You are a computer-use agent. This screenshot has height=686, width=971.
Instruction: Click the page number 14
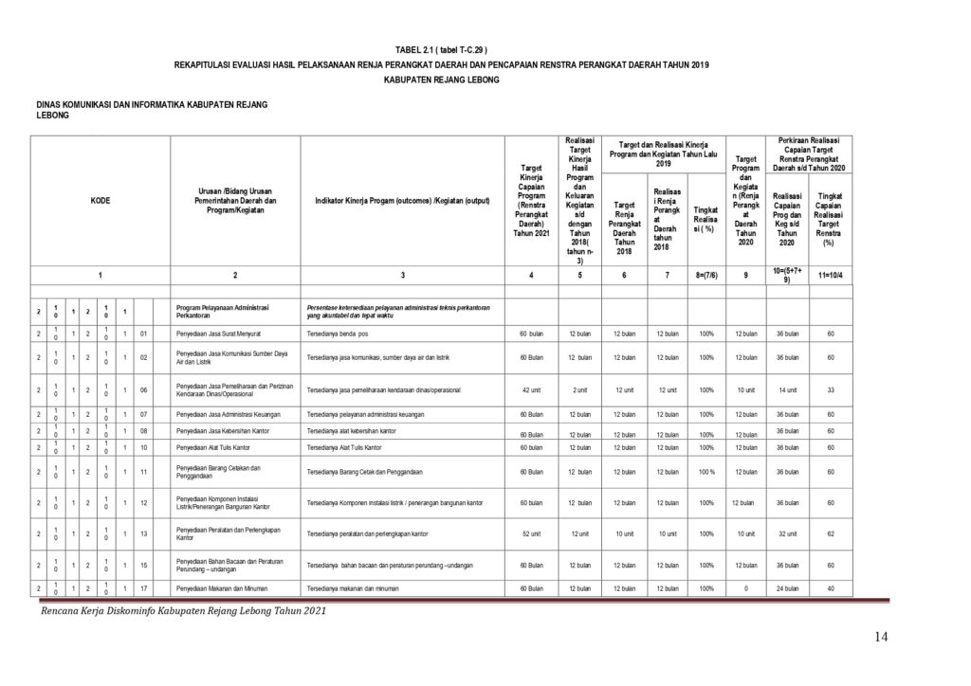click(x=881, y=637)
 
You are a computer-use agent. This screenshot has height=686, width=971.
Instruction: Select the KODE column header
click(x=100, y=201)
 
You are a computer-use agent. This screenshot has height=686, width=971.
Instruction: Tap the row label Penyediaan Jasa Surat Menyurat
click(x=219, y=334)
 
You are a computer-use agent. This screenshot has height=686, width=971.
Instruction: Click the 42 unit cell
click(x=530, y=389)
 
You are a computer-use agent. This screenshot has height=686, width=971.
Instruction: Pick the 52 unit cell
click(x=530, y=533)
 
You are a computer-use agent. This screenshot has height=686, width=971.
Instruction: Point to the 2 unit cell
click(x=579, y=389)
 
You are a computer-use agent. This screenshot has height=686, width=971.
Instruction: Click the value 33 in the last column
click(x=830, y=389)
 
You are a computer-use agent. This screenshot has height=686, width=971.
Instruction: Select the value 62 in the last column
click(x=830, y=533)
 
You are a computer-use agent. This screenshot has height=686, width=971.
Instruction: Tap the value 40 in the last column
click(x=830, y=588)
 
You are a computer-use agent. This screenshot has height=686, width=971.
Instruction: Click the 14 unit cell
click(x=787, y=389)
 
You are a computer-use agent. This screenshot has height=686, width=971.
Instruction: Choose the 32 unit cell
click(x=787, y=533)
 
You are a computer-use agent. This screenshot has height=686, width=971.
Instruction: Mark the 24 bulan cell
click(x=787, y=588)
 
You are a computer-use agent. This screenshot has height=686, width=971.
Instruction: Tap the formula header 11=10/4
click(x=830, y=275)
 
